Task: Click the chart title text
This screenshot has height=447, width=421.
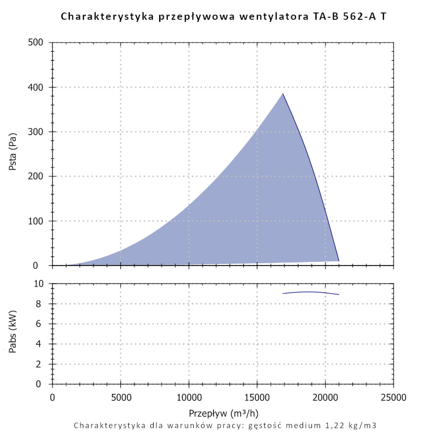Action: (x=223, y=16)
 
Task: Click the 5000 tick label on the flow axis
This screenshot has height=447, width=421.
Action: (x=120, y=397)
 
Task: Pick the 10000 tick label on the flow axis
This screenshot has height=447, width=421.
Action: (x=189, y=397)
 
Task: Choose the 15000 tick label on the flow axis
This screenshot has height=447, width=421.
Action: (x=257, y=397)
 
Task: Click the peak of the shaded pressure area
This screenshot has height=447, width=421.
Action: (x=282, y=94)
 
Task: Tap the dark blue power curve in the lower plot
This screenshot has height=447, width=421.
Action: (x=311, y=292)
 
